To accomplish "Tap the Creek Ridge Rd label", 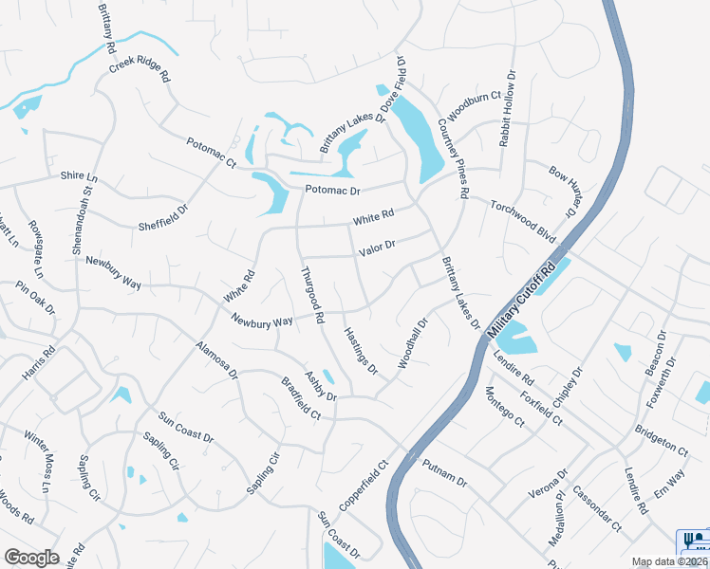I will click(139, 67).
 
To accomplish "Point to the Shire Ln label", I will click(79, 177).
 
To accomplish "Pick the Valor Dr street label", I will click(376, 248).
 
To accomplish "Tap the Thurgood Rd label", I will click(313, 292).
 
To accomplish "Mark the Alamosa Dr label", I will click(217, 360).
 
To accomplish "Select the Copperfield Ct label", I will click(365, 486).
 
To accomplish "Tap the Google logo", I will click(31, 557).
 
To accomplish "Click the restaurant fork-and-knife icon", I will click(691, 541).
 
